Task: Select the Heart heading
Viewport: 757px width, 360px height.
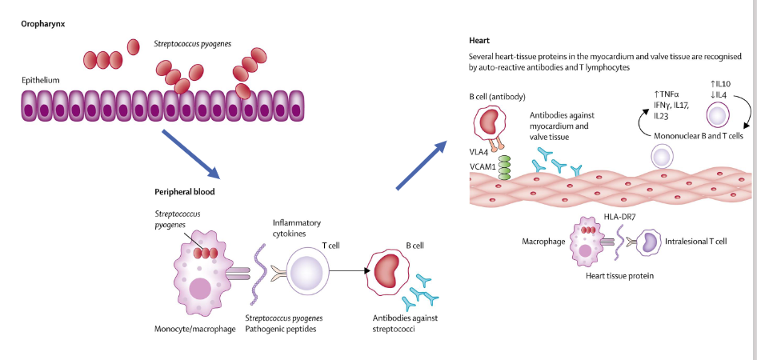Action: point(480,40)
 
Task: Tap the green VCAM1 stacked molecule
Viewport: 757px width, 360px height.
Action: point(505,167)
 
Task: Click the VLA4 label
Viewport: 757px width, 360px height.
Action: point(480,150)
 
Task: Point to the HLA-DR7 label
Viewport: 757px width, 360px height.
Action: point(620,217)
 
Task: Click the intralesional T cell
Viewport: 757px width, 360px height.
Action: point(648,242)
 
